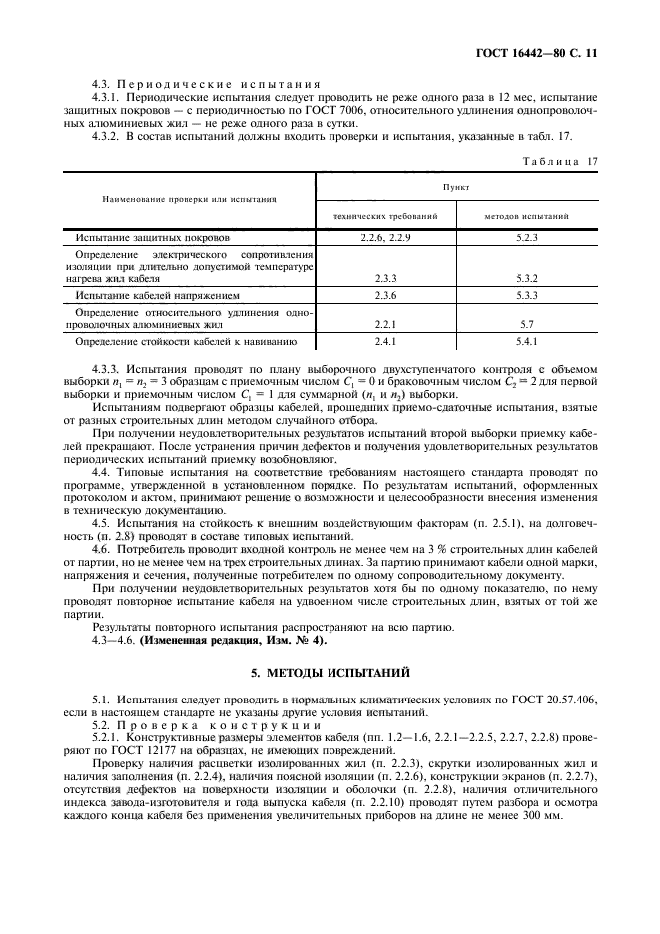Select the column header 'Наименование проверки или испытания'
[x=190, y=199]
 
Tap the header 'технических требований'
[x=385, y=215]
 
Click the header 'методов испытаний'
[x=528, y=215]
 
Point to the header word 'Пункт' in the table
[x=456, y=187]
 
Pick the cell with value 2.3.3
[x=385, y=279]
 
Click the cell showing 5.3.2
[x=528, y=279]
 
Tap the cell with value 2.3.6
[x=385, y=296]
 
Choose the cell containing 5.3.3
[x=528, y=296]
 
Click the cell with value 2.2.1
[x=385, y=325]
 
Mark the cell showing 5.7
[x=528, y=325]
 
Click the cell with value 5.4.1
[x=528, y=342]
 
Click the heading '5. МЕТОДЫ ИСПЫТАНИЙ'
[x=330, y=673]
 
